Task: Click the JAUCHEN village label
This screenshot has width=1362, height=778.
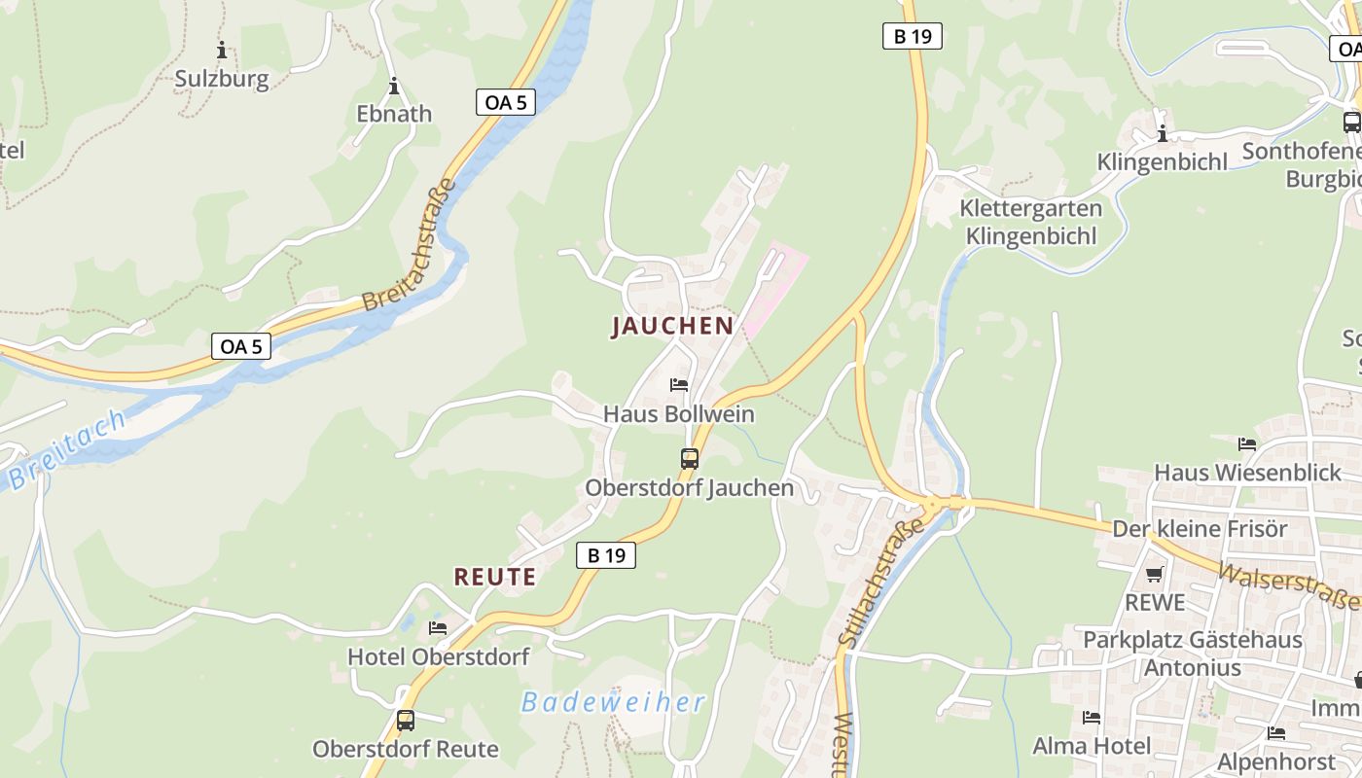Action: (x=671, y=326)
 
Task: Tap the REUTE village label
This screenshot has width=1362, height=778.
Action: (x=495, y=577)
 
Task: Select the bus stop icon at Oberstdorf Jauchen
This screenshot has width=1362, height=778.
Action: (x=689, y=459)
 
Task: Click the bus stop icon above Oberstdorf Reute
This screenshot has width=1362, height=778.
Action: (x=406, y=721)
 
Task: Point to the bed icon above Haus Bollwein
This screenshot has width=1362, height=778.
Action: (x=679, y=385)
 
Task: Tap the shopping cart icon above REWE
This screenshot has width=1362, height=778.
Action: (x=1155, y=574)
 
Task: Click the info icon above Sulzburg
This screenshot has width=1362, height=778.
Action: (x=222, y=50)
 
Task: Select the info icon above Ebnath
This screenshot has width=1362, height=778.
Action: (x=394, y=86)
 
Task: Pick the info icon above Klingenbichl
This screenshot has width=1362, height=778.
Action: (x=1162, y=133)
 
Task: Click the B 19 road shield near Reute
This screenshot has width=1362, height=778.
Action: (x=605, y=555)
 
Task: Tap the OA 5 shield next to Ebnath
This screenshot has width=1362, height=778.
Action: (x=506, y=101)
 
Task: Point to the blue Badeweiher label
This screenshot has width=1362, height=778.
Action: (x=612, y=702)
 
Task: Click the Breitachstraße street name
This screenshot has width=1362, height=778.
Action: (x=409, y=244)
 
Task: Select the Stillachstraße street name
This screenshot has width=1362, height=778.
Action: (x=879, y=583)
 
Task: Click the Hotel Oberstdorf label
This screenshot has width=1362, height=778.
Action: (x=438, y=656)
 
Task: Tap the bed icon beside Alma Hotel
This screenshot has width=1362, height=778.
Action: (x=1092, y=718)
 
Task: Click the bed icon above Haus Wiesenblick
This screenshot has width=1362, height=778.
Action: (x=1247, y=444)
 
